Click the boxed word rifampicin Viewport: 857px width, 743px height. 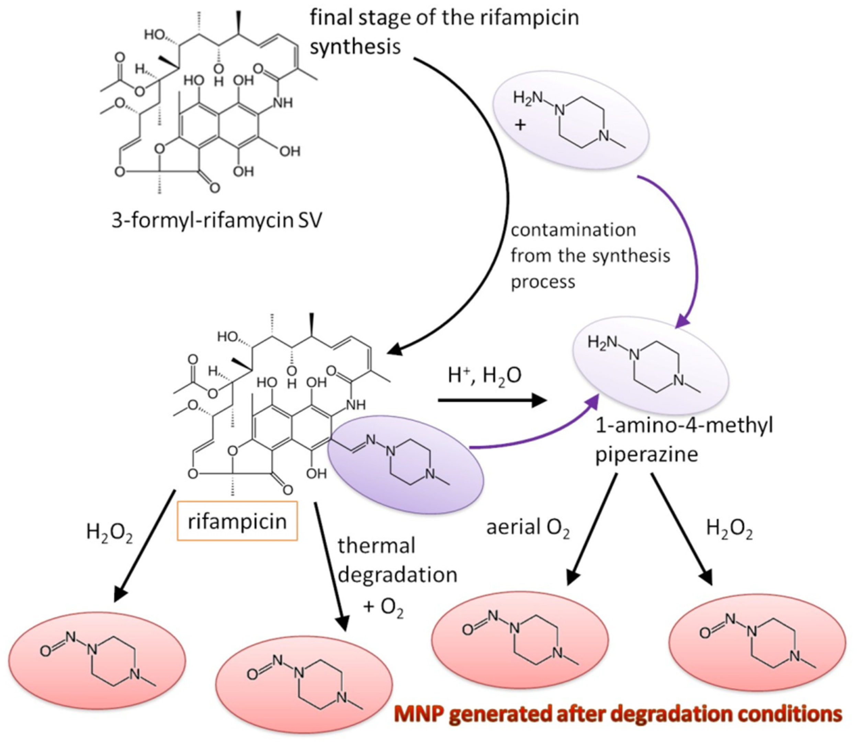click(x=237, y=522)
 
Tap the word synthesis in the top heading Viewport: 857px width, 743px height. click(x=356, y=46)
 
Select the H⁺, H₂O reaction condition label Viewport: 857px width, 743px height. click(x=485, y=376)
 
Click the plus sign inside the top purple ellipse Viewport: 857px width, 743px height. click(x=520, y=124)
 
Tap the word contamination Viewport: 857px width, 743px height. click(x=573, y=230)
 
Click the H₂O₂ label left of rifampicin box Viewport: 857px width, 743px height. click(x=110, y=533)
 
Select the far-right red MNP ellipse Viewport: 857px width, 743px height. click(x=757, y=642)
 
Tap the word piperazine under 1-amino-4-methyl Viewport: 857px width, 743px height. click(x=647, y=455)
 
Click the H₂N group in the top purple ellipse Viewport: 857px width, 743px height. click(x=528, y=98)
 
